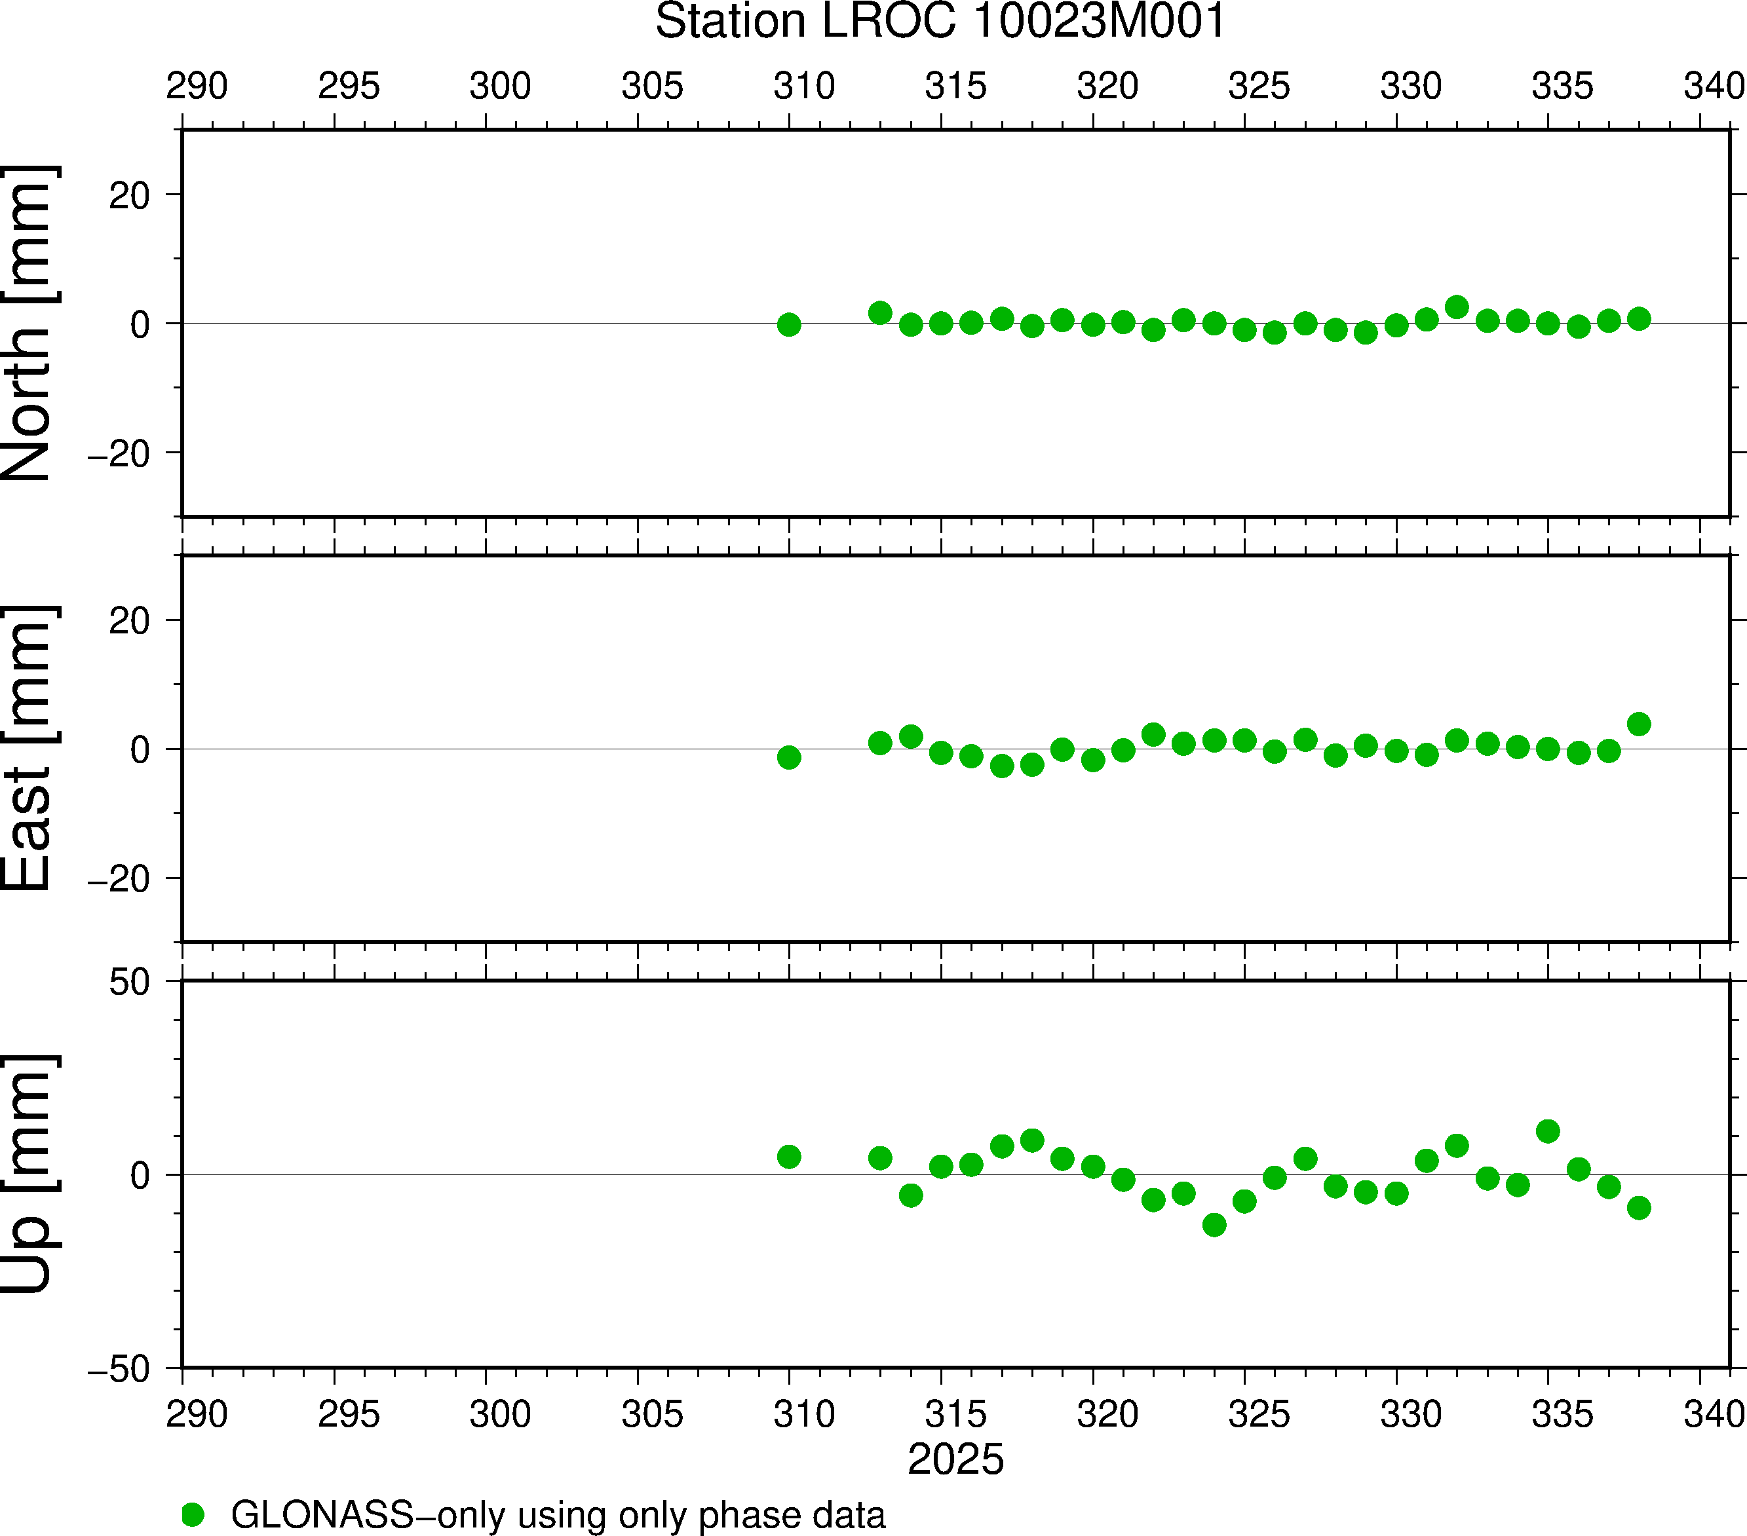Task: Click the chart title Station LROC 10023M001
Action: click(940, 22)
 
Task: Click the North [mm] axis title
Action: click(28, 323)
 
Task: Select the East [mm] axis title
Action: click(28, 749)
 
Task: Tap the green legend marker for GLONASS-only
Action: click(193, 1514)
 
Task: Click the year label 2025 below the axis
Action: click(955, 1459)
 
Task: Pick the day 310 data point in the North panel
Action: click(789, 325)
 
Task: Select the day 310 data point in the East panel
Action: click(789, 757)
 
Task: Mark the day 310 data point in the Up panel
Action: click(789, 1157)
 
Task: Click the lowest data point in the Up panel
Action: click(1214, 1225)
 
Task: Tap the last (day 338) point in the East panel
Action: click(1638, 724)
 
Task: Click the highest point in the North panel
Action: click(1457, 307)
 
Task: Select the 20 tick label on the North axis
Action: click(129, 197)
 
